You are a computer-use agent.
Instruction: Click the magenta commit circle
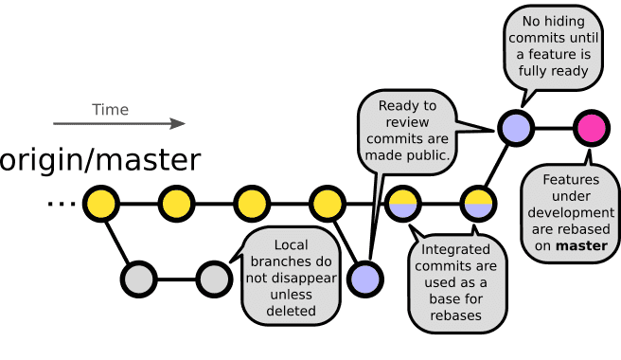[592, 128]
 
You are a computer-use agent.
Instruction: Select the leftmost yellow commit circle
[100, 204]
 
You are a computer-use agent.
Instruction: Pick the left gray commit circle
[138, 279]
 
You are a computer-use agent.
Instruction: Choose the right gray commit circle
[214, 279]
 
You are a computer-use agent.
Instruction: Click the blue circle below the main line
[364, 279]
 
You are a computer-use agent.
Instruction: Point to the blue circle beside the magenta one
[516, 128]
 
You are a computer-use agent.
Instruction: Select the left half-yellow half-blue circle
[402, 204]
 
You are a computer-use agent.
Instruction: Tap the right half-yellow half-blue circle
[478, 204]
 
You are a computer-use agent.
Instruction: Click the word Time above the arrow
[110, 110]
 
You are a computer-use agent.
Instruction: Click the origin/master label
[99, 160]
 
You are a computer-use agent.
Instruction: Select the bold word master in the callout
[582, 246]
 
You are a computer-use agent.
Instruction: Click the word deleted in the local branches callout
[291, 311]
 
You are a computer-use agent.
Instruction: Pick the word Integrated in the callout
[456, 250]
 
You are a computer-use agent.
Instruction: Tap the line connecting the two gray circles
[176, 279]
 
